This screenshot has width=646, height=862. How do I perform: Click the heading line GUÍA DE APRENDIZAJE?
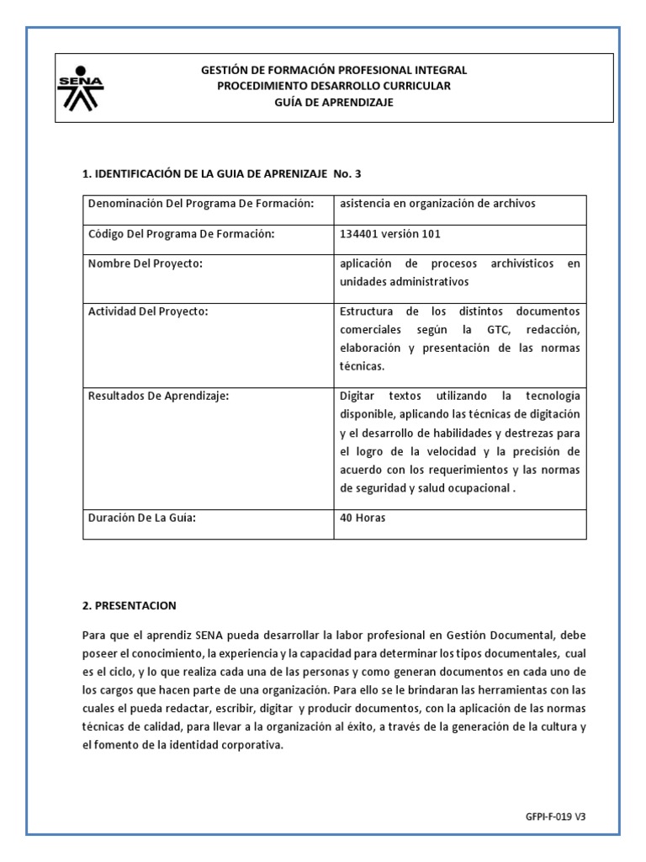[x=334, y=103]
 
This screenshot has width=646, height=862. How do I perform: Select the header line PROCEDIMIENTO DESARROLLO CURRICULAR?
[x=334, y=86]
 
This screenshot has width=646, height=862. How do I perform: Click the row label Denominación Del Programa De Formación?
[x=201, y=204]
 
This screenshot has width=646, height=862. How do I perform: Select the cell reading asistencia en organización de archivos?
[x=437, y=204]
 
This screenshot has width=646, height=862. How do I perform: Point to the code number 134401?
[x=359, y=233]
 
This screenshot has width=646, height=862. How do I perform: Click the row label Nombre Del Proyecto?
[x=146, y=263]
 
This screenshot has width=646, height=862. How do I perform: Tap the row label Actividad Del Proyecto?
[x=148, y=311]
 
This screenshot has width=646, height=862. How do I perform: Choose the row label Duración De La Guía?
[x=142, y=518]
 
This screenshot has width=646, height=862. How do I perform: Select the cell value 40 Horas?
[x=363, y=518]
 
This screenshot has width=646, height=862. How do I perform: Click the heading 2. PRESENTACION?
[x=130, y=605]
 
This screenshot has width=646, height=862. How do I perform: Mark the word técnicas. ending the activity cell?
[x=362, y=366]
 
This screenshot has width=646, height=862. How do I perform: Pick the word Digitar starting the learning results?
[x=360, y=396]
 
